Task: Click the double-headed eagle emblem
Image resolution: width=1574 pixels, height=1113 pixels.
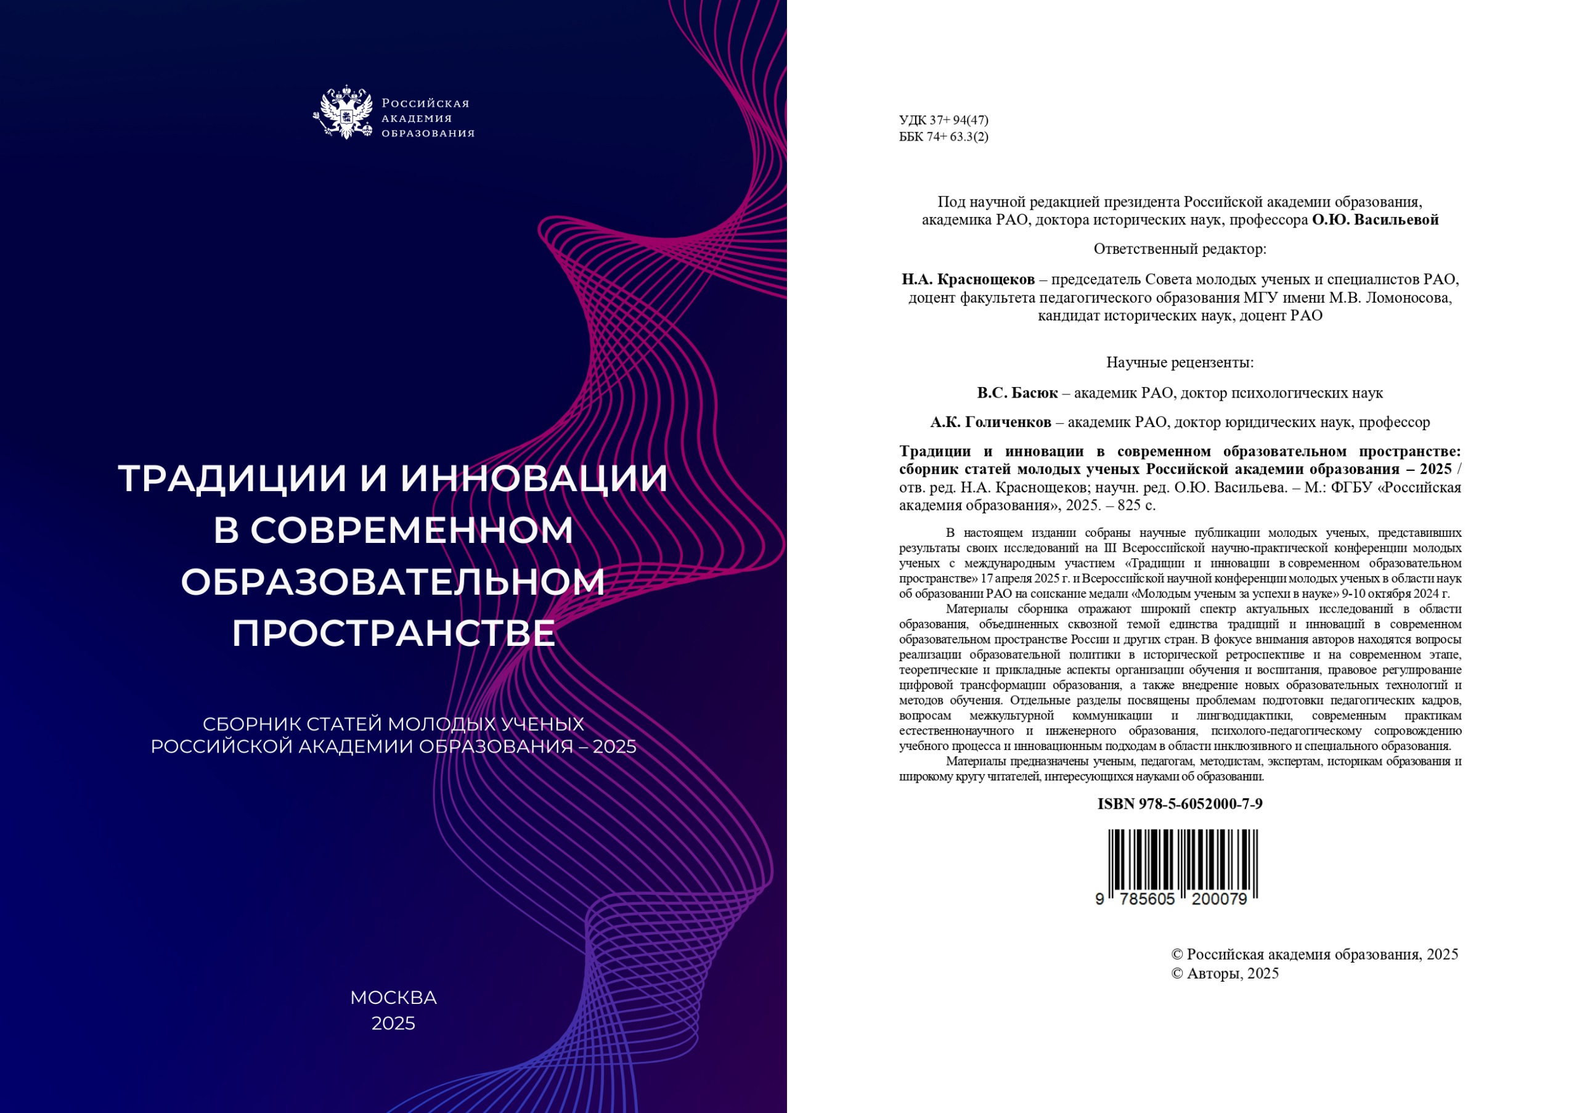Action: [x=346, y=112]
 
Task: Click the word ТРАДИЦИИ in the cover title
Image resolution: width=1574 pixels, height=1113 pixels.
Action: [x=232, y=478]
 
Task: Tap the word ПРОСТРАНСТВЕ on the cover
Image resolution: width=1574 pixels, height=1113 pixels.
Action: [x=393, y=634]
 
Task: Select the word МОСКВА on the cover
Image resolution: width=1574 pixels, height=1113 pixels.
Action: [x=393, y=998]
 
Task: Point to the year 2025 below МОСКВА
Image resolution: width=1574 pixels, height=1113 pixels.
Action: [x=393, y=1023]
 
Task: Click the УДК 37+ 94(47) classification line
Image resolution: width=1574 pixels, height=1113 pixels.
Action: [x=944, y=121]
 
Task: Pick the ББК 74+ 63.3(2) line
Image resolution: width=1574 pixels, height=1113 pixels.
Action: [x=944, y=137]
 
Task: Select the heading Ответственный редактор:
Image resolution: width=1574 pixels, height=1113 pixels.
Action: [x=1180, y=250]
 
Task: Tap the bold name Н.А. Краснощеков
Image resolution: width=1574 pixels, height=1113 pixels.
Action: [x=968, y=280]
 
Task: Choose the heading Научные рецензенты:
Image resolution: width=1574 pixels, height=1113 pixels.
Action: [x=1180, y=362]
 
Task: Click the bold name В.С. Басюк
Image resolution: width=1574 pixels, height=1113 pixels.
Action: [x=1017, y=393]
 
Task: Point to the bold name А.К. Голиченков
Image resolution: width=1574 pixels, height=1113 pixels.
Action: [x=990, y=423]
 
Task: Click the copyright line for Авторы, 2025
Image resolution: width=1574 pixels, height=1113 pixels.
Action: [x=1225, y=974]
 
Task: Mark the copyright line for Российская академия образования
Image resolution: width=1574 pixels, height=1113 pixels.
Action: [x=1314, y=955]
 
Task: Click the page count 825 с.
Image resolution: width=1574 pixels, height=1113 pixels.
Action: [x=1136, y=506]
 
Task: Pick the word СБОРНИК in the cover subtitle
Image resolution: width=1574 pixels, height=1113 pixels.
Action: [x=251, y=724]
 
